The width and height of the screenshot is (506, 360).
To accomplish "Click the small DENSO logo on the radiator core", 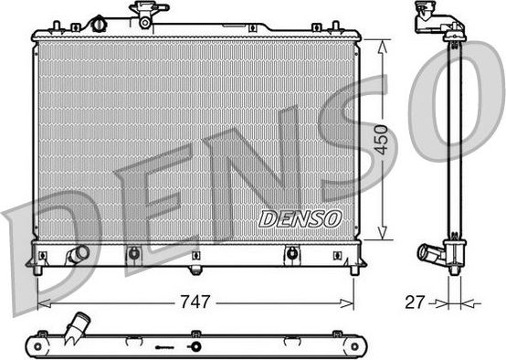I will (300, 218).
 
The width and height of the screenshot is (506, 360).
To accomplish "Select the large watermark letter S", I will (343, 137).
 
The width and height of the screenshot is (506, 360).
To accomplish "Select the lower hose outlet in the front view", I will (79, 253).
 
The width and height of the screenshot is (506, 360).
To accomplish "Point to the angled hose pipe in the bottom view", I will (80, 325).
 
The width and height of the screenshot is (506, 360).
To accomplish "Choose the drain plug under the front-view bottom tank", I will (194, 270).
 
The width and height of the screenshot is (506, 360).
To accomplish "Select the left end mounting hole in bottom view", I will (39, 345).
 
